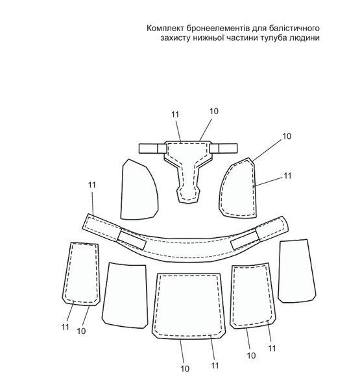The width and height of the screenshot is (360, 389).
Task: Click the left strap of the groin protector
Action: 152,148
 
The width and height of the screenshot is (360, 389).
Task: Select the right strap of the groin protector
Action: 224,148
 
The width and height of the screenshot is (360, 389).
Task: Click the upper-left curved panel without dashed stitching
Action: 139,189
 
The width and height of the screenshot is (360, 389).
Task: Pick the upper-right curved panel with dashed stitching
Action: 237,188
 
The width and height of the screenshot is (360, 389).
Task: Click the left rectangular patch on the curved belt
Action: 132,239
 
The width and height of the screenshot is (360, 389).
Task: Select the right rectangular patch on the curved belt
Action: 245,239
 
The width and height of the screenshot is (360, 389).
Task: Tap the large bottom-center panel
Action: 189,306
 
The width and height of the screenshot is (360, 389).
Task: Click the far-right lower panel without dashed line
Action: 297,271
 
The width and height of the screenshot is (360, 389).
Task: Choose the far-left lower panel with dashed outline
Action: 81,274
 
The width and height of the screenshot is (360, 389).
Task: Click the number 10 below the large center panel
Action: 185,369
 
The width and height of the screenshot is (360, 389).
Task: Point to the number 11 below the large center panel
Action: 215,366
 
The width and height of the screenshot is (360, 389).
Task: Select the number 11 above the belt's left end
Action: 92,185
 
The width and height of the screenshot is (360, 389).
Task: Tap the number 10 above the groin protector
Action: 214,112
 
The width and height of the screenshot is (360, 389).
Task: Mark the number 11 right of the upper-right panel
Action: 287,176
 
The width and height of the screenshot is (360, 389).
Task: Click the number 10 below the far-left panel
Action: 81,331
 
